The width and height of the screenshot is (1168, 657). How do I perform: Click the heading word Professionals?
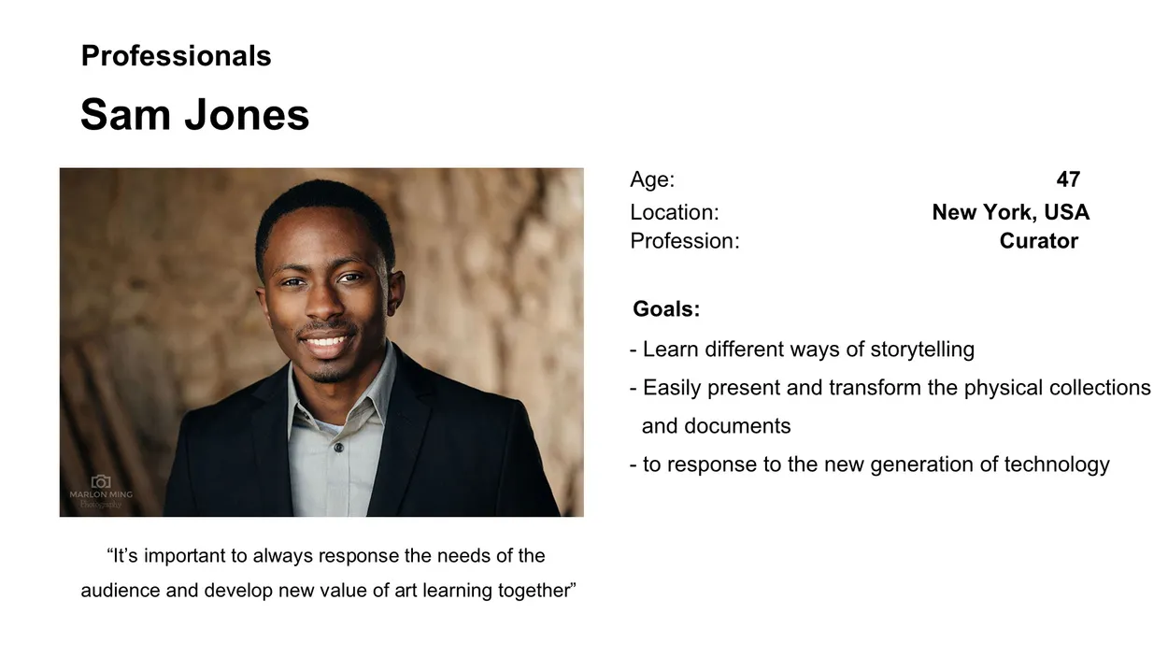click(177, 56)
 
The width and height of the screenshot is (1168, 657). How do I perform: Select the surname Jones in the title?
click(248, 115)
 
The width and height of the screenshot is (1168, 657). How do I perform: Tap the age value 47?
click(1068, 179)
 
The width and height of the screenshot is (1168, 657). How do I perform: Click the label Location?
click(675, 212)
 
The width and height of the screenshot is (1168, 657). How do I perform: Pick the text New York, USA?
click(1010, 212)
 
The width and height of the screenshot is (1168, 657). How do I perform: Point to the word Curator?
click(1039, 241)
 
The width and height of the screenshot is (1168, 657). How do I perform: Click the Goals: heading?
click(666, 308)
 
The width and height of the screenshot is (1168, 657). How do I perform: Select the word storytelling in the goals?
click(922, 350)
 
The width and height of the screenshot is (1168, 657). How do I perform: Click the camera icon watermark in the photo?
click(101, 482)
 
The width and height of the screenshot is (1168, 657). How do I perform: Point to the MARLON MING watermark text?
click(101, 494)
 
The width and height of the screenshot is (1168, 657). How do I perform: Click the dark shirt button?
click(338, 448)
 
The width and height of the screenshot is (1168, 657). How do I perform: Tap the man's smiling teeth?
click(325, 342)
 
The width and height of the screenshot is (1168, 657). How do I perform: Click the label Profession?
click(685, 241)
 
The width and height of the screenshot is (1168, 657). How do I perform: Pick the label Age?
click(652, 179)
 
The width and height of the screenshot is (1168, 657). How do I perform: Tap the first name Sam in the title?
click(125, 115)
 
